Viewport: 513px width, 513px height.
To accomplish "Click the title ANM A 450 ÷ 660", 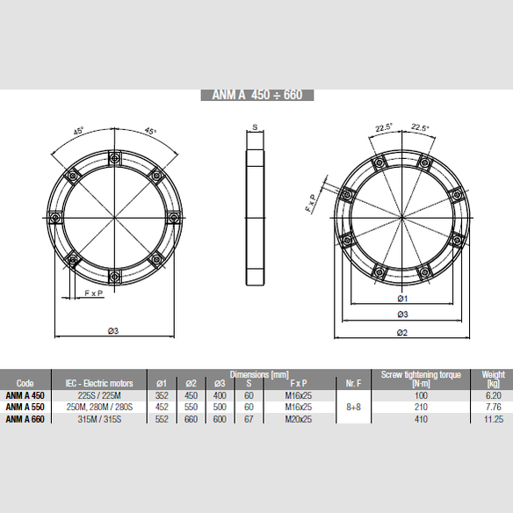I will tap(257, 96).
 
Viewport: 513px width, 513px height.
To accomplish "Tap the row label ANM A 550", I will tap(25, 408).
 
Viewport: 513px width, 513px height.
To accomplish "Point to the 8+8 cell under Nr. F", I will tap(351, 408).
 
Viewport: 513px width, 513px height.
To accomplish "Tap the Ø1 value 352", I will tap(161, 395).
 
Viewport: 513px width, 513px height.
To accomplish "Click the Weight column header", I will tap(493, 379).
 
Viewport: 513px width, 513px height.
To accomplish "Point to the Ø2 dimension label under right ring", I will tap(402, 331).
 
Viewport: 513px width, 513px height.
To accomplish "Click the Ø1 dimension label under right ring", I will tap(402, 299).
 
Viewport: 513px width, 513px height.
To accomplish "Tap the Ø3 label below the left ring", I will tap(112, 330).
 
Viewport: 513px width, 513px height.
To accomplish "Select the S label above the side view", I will tap(255, 128).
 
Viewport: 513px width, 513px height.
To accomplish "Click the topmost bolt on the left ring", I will tap(114, 157).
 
